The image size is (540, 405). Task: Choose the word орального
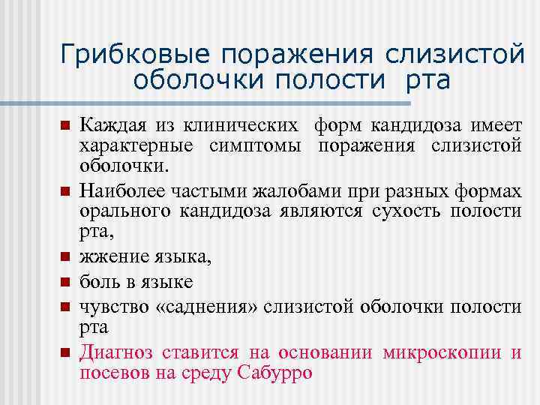(x=124, y=211)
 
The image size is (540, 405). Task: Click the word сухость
(x=409, y=211)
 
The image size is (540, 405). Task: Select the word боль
(x=98, y=282)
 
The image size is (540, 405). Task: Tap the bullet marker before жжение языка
(x=65, y=259)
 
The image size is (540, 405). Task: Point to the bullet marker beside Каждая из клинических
(x=65, y=124)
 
